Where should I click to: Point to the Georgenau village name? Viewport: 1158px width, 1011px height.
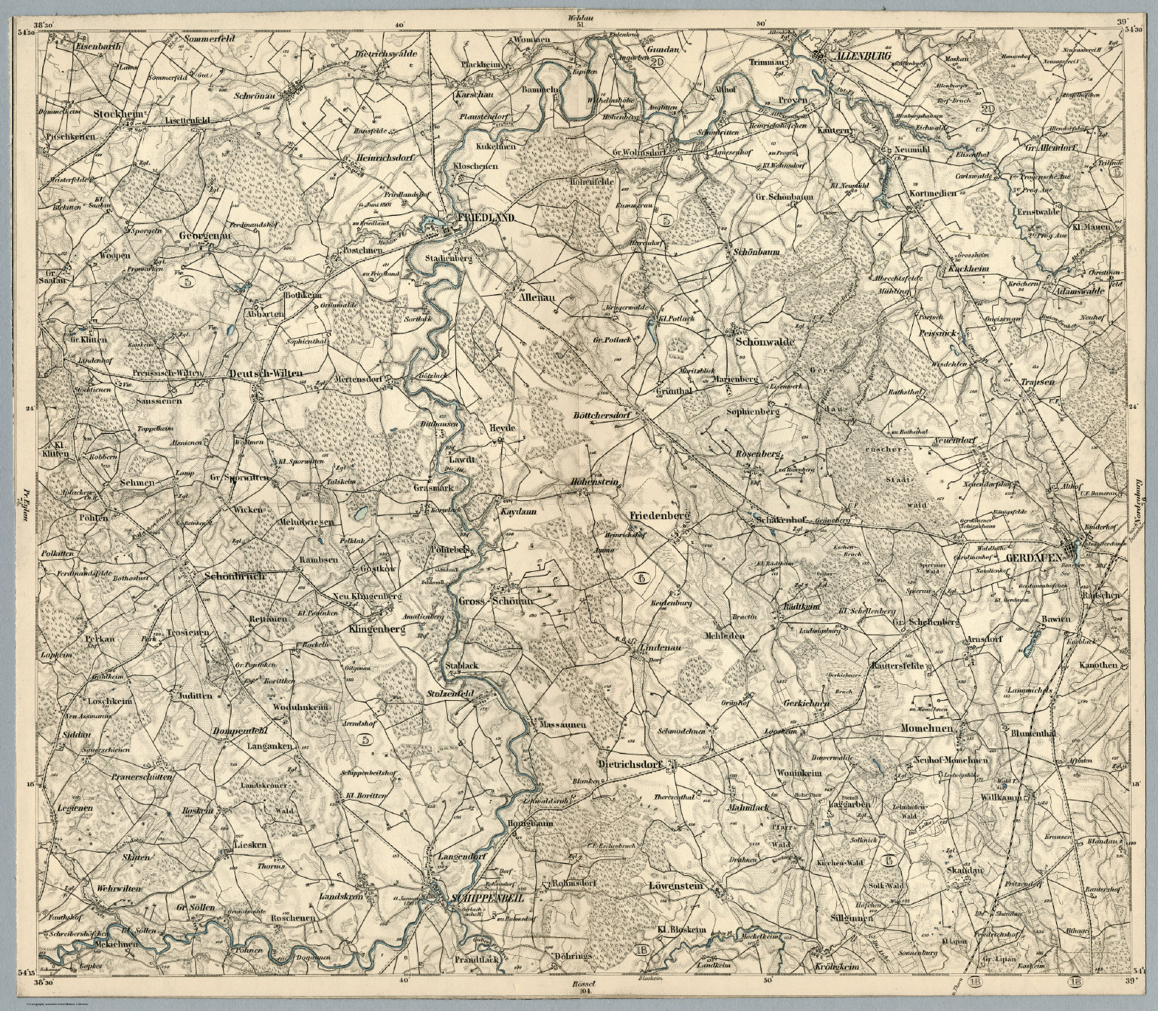[204, 235]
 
